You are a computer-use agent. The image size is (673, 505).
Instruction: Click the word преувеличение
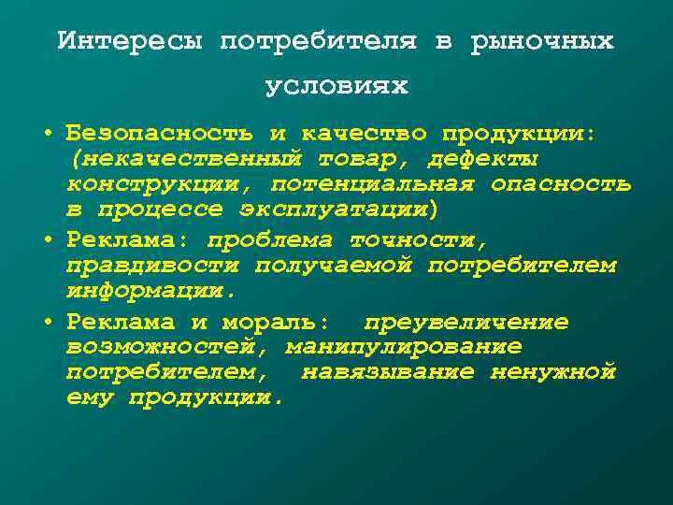[x=465, y=323]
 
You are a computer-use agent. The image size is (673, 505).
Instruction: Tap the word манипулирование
[x=404, y=347]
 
